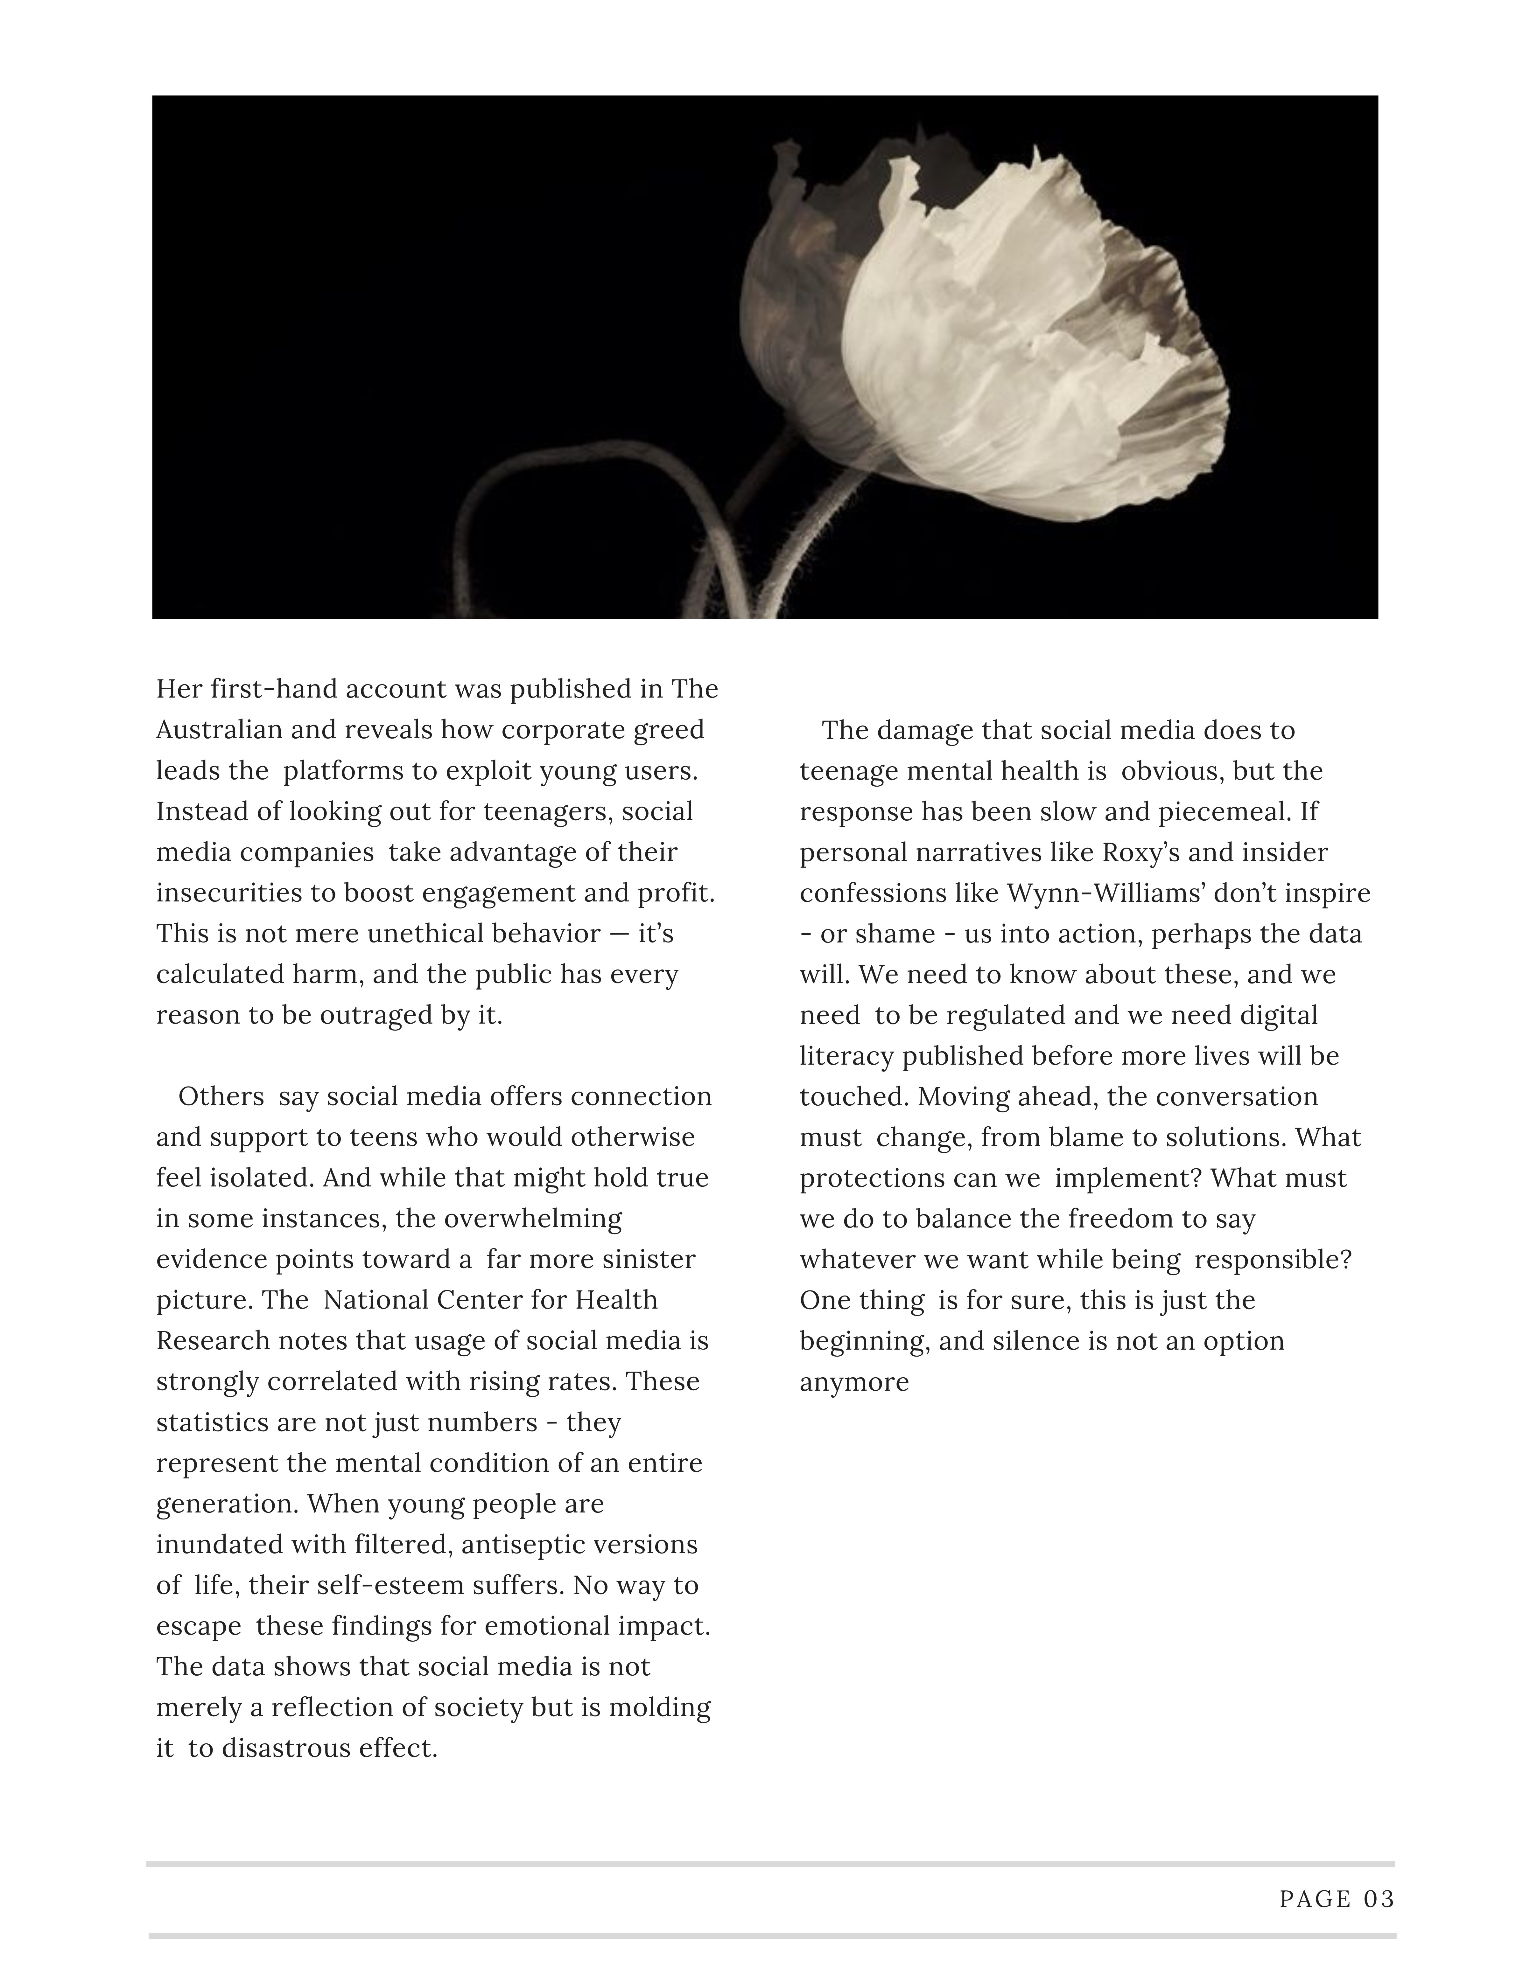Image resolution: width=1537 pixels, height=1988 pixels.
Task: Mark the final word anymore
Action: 854,1382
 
